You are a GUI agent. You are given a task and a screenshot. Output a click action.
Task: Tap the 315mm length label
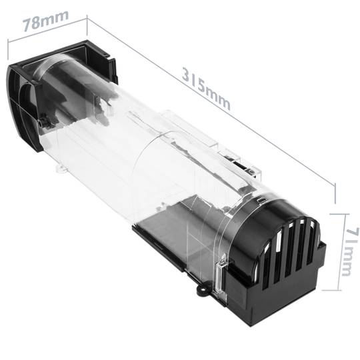[x=206, y=86]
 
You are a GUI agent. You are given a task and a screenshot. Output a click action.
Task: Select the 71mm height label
[x=348, y=251]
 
